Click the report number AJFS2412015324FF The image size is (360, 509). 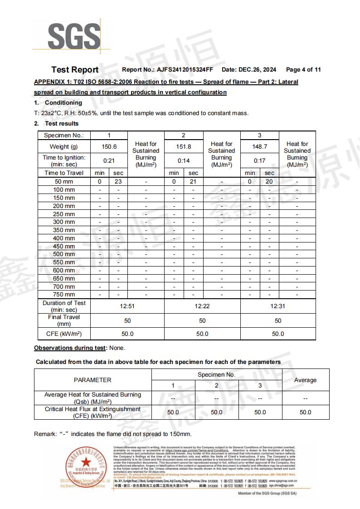pyautogui.click(x=185, y=70)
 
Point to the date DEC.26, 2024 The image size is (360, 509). pyautogui.click(x=257, y=70)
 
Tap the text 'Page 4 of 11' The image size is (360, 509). pyautogui.click(x=303, y=70)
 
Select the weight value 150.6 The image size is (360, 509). pyautogui.click(x=109, y=147)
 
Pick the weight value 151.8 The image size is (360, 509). pyautogui.click(x=183, y=147)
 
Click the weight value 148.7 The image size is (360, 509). pyautogui.click(x=259, y=147)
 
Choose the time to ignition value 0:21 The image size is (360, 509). pyautogui.click(x=109, y=161)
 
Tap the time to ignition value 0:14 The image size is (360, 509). pyautogui.click(x=183, y=161)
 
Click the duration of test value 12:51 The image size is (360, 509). pyautogui.click(x=127, y=306)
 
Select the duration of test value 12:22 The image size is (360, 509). pyautogui.click(x=202, y=306)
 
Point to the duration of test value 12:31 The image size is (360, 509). pyautogui.click(x=278, y=306)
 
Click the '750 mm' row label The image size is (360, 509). pyautogui.click(x=64, y=295)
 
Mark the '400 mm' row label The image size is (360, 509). pyautogui.click(x=64, y=238)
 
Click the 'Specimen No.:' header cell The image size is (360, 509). pyautogui.click(x=64, y=136)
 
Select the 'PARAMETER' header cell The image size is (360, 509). pyautogui.click(x=92, y=380)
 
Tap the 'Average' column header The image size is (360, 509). pyautogui.click(x=305, y=380)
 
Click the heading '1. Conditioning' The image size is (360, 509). pyautogui.click(x=58, y=103)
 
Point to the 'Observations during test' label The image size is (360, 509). pyautogui.click(x=70, y=348)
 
